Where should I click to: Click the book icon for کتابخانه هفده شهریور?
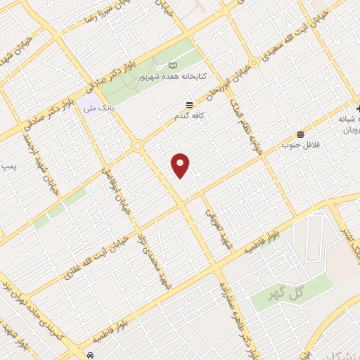[x=172, y=66]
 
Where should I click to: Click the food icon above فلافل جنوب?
[x=301, y=134]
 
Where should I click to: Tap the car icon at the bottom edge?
[x=91, y=355]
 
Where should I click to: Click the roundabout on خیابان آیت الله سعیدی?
[x=254, y=62]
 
